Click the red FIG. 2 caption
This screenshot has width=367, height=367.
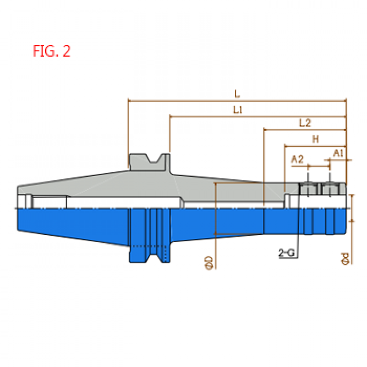point(51,51)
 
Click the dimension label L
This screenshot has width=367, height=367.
point(237,94)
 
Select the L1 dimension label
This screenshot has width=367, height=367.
point(238,110)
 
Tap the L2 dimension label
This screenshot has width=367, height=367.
point(305,123)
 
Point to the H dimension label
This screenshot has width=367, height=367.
point(316,139)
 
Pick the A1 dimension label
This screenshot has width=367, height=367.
point(338,153)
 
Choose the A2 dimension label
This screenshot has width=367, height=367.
point(297,160)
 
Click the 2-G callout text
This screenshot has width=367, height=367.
point(286,252)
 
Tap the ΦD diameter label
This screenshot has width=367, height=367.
point(208,263)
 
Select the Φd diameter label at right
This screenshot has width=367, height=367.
point(345,259)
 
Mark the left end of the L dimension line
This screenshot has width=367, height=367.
point(128,101)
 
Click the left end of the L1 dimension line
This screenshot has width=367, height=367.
point(170,116)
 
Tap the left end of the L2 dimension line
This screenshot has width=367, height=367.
point(264,130)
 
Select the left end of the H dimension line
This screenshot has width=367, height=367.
point(285,146)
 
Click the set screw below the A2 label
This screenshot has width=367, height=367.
point(308,189)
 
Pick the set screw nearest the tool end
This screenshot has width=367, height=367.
point(330,189)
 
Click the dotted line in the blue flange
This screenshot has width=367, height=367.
point(149,246)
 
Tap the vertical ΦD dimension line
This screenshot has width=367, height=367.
point(216,226)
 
